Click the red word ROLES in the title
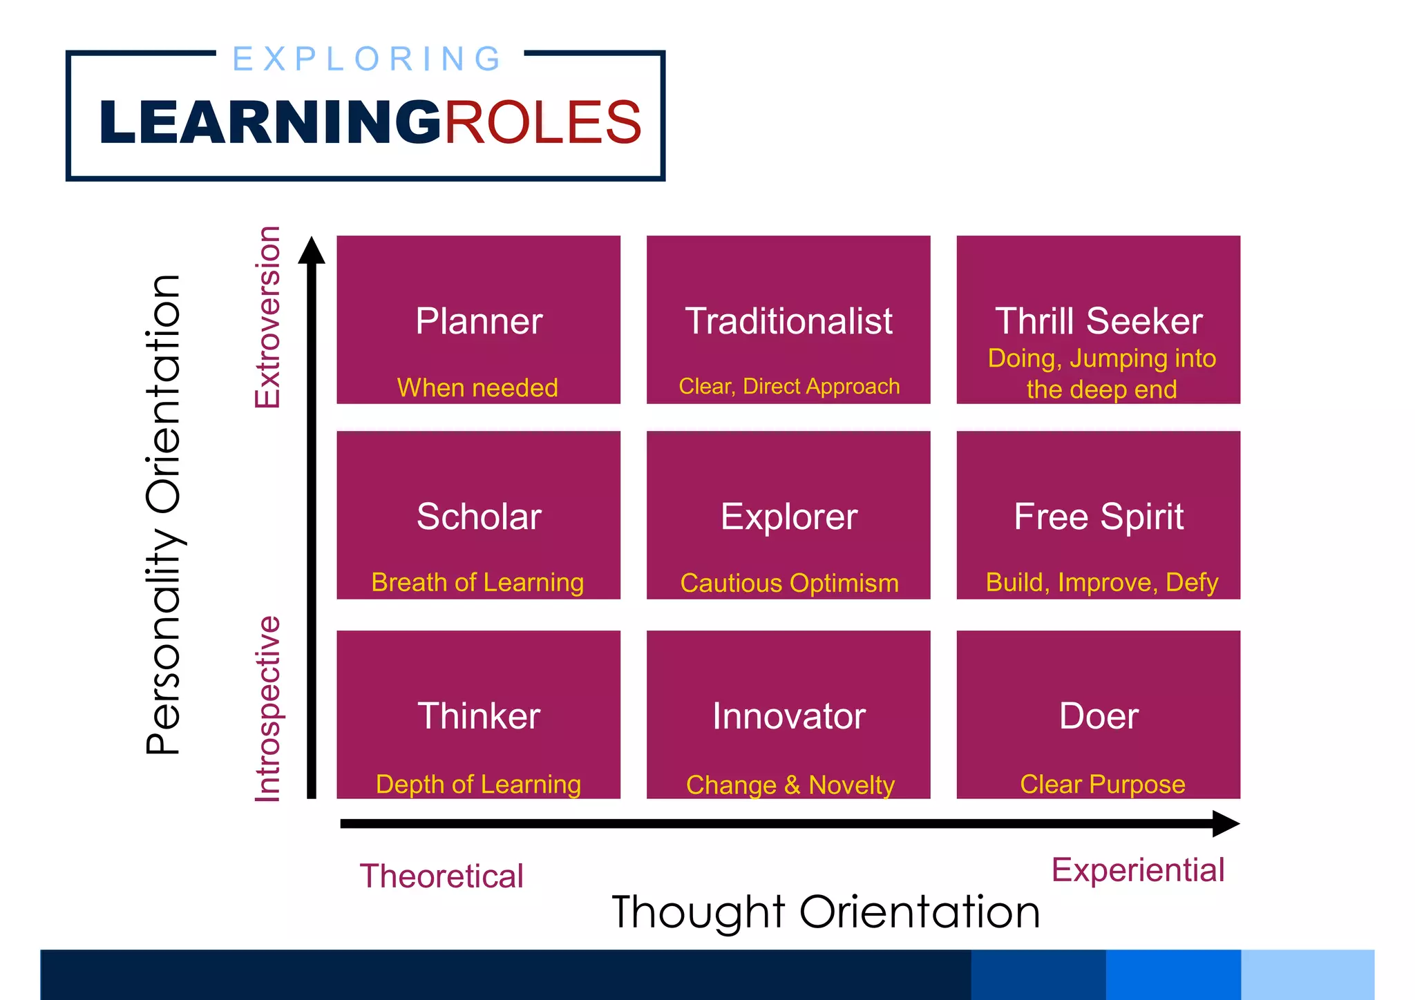[542, 122]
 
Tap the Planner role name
[479, 321]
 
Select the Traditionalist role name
[788, 321]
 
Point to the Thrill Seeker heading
[1099, 321]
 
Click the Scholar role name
[479, 517]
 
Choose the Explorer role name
[788, 517]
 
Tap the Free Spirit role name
[1099, 517]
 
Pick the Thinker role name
[479, 715]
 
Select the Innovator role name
[788, 716]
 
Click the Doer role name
[1099, 716]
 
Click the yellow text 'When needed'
[477, 387]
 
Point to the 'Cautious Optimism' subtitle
[789, 584]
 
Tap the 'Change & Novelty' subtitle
[790, 785]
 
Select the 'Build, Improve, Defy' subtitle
[1101, 583]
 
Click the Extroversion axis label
[268, 317]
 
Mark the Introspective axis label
[268, 709]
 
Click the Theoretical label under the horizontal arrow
[441, 876]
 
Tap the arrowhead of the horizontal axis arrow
[1226, 823]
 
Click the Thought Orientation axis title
[825, 912]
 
